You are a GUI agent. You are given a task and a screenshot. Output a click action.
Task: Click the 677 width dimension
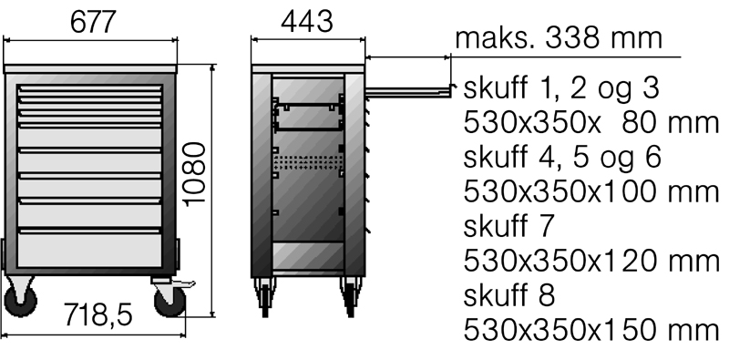click(92, 21)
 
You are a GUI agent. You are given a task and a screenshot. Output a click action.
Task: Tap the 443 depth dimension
click(307, 21)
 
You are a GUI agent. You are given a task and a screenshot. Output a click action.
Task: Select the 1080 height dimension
click(194, 174)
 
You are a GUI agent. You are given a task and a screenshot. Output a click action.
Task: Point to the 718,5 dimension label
click(98, 314)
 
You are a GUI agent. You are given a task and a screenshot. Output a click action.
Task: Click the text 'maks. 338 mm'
click(559, 37)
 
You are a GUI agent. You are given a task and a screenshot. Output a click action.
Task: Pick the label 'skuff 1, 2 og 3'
click(561, 87)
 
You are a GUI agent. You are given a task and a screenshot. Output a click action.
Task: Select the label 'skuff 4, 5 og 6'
click(562, 157)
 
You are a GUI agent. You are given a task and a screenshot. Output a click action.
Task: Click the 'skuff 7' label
click(509, 225)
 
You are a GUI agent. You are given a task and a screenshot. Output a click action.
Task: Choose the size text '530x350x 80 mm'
click(590, 123)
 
